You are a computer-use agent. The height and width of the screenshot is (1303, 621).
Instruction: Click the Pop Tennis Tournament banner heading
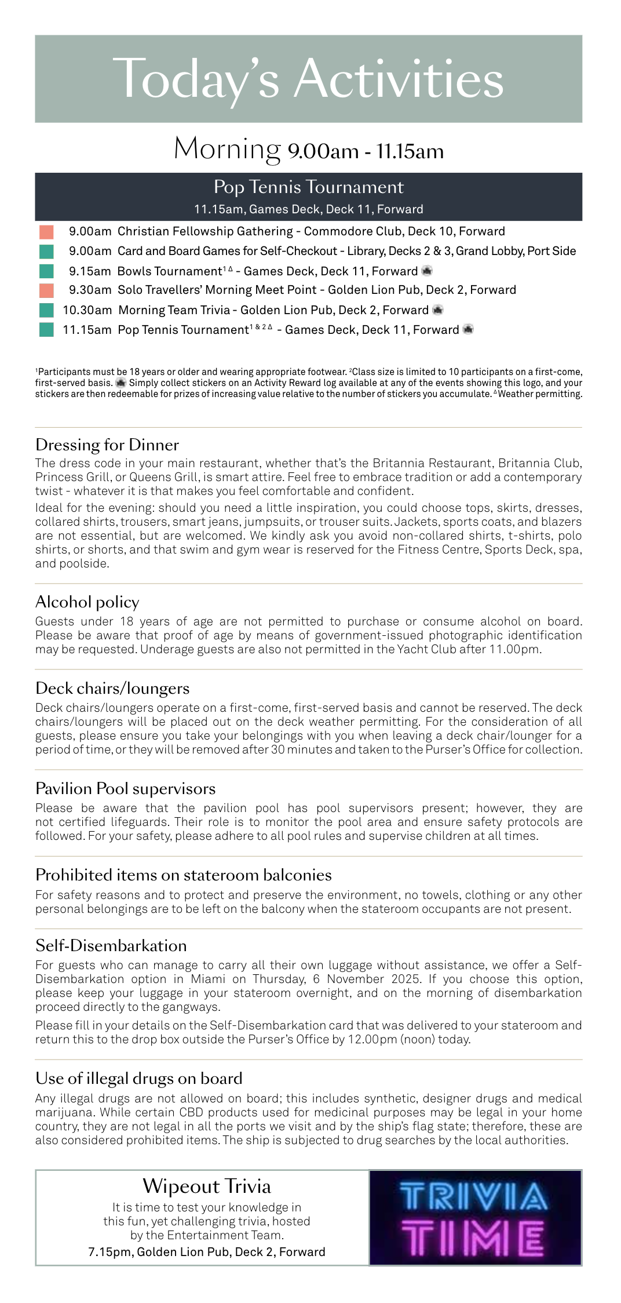coord(308,187)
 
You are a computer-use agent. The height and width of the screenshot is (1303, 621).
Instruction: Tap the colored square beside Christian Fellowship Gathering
coord(46,232)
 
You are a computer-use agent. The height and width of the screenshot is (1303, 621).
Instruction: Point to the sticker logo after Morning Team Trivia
coord(438,310)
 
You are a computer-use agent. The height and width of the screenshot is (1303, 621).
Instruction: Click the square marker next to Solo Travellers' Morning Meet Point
coord(46,290)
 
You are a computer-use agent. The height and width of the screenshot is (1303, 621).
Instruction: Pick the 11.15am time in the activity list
coord(87,330)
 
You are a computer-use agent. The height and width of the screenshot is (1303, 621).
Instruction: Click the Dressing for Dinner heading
coord(107,445)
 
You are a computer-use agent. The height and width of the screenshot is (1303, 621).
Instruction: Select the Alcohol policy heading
coord(87,602)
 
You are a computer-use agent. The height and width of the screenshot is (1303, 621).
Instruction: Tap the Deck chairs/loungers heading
coord(112,688)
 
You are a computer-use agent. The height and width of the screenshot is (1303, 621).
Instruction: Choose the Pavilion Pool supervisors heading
coord(125,788)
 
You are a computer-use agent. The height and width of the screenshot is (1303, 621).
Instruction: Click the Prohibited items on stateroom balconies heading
coord(184,875)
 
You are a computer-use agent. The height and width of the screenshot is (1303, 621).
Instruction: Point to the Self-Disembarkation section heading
coord(111,945)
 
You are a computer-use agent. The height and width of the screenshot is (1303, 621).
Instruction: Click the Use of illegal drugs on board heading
coord(139,1078)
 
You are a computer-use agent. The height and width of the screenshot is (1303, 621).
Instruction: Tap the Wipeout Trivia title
coord(207,1186)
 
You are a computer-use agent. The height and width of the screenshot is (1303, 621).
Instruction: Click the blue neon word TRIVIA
coord(473,1196)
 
